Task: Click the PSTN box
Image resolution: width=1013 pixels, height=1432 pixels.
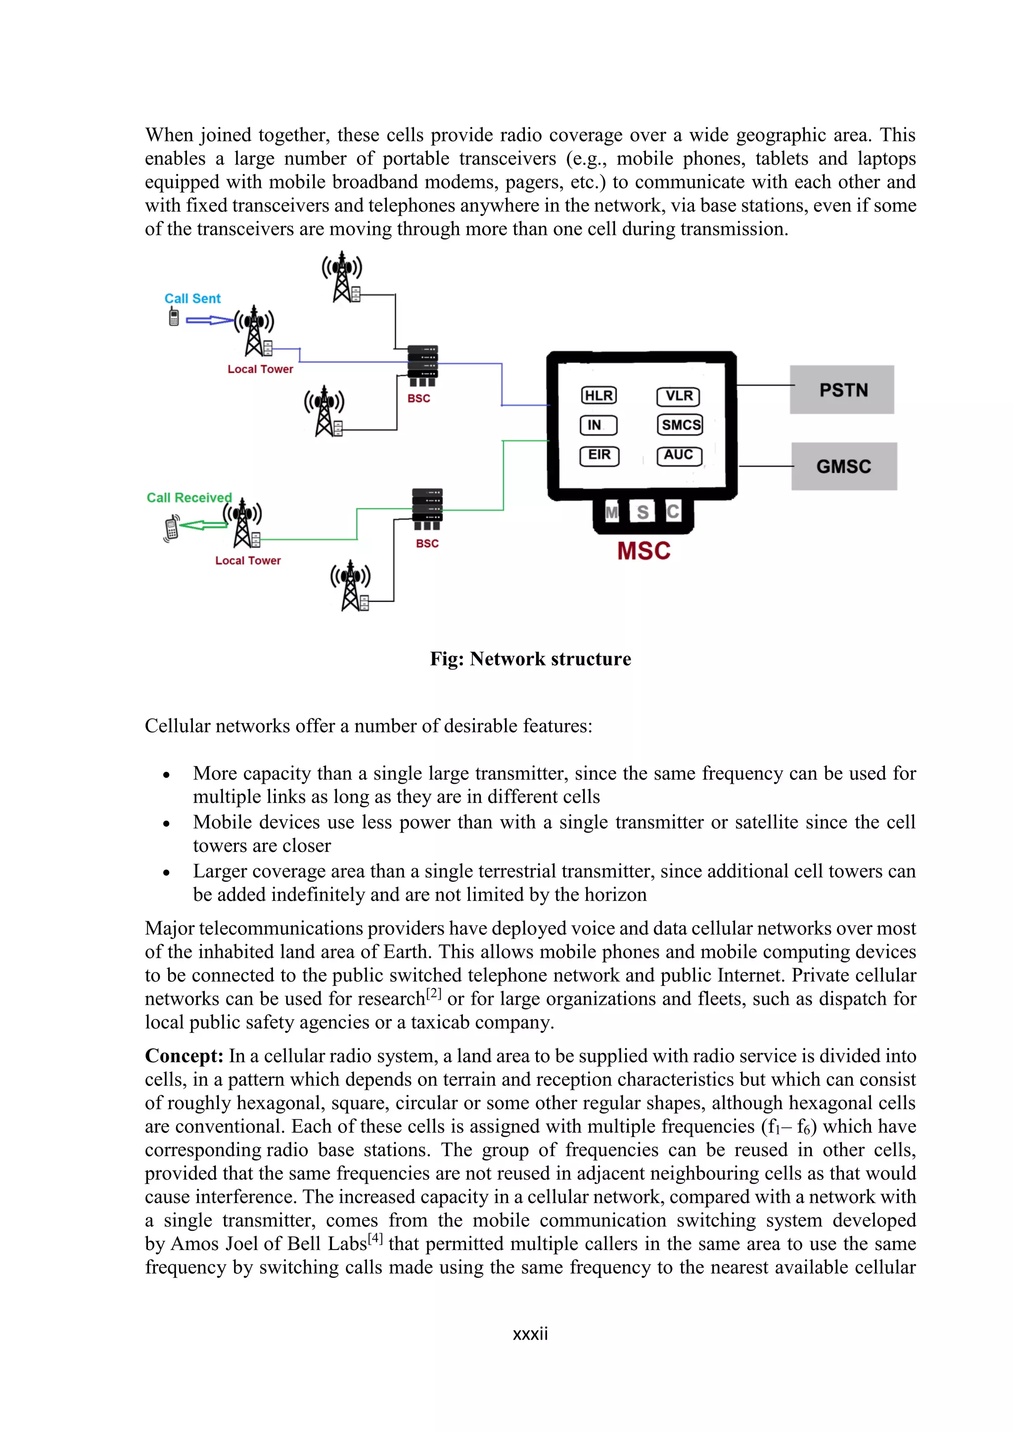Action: point(842,390)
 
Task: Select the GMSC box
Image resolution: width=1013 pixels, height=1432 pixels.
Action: point(843,466)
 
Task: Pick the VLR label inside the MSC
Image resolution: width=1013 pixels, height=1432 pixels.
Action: point(678,396)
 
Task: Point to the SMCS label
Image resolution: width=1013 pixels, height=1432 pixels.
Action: point(680,425)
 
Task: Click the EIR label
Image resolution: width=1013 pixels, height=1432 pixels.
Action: point(599,455)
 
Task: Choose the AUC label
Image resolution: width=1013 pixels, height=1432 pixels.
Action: point(679,455)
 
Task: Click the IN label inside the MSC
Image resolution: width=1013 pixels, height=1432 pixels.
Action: point(598,425)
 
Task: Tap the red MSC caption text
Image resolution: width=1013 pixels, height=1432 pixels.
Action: point(644,551)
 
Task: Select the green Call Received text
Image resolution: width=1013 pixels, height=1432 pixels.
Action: point(189,498)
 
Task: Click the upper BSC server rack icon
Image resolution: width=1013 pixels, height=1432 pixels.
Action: point(422,365)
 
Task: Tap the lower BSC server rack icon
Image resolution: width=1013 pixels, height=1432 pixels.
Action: point(427,508)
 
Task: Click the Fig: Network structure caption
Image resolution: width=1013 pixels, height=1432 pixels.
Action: point(530,659)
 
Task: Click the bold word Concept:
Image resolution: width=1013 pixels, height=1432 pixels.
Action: point(184,1056)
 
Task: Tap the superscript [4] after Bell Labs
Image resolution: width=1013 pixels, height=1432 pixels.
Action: point(375,1238)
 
